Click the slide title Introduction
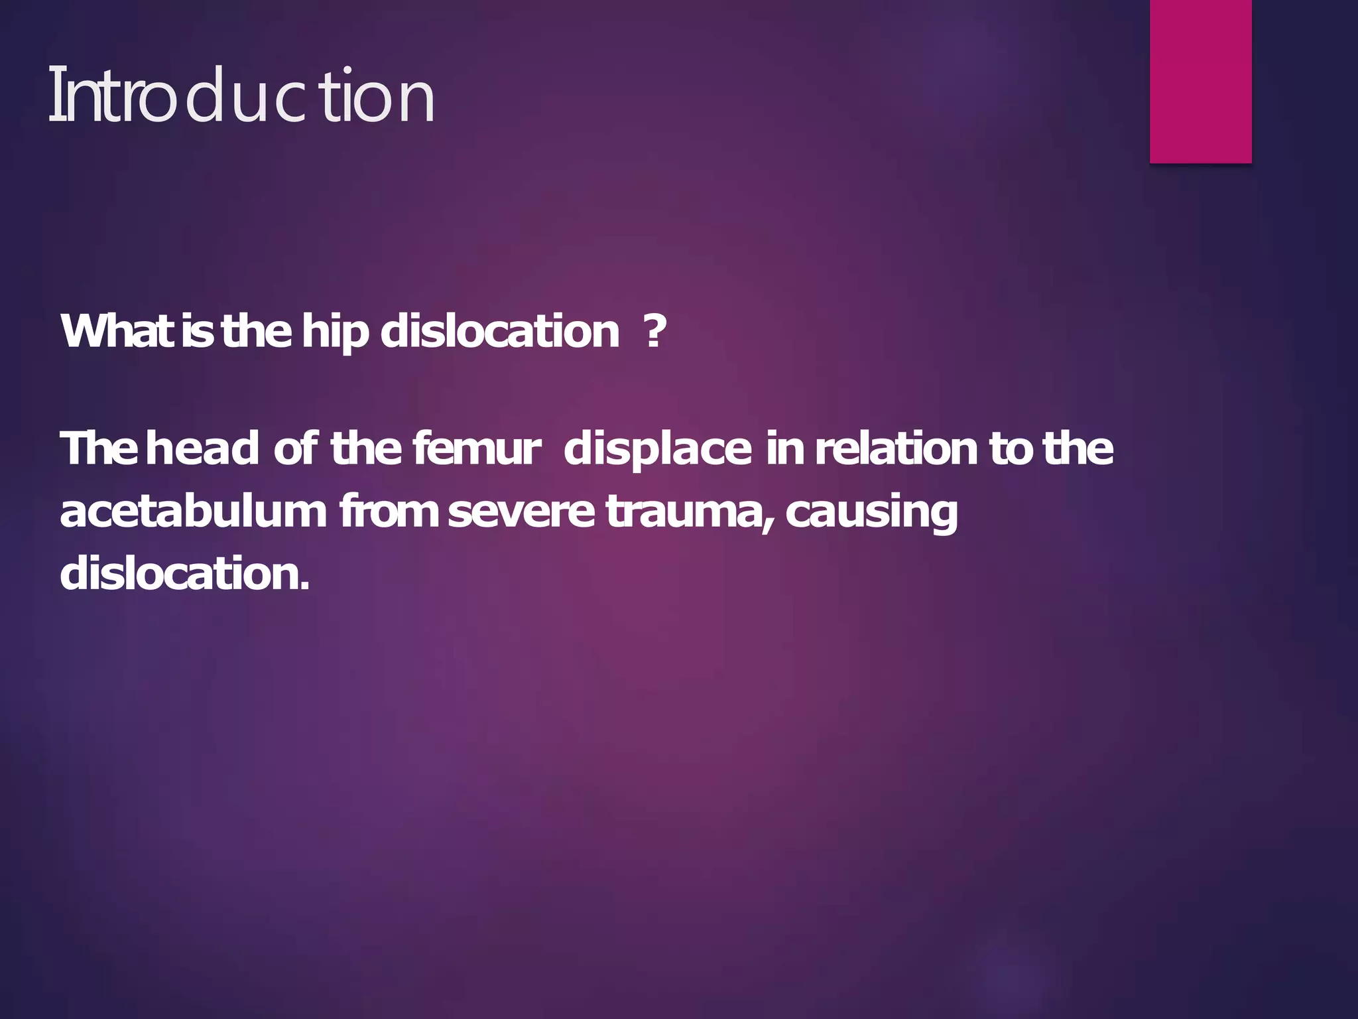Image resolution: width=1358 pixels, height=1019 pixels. tap(241, 96)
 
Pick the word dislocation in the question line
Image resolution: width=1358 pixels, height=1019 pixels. tap(500, 331)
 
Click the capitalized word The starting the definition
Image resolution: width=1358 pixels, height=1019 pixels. tap(99, 448)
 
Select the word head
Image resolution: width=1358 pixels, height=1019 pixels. tap(202, 448)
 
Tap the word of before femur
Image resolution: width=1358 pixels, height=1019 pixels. tap(296, 448)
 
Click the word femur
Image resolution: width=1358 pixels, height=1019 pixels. tap(476, 448)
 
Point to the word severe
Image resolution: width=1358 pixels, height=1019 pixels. tap(521, 512)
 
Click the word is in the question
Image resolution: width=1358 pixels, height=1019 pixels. tap(198, 331)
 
